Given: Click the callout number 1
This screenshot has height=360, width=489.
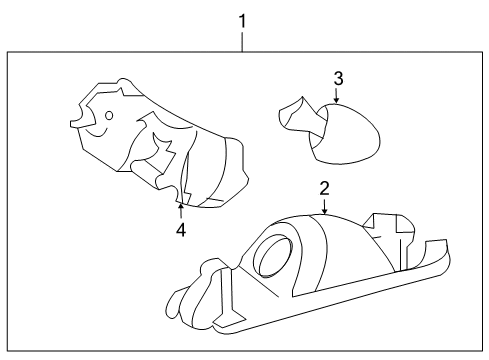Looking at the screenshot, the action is [242, 19].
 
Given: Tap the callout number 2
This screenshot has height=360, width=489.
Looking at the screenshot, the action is [325, 187].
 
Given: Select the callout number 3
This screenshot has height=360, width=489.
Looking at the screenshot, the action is [338, 77].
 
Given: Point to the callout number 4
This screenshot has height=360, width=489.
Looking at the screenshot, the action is [181, 229].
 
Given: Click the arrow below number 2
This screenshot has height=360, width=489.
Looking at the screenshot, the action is [325, 207].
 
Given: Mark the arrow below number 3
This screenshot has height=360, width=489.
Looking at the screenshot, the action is [338, 97].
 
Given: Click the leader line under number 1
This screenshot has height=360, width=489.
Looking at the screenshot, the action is [242, 40].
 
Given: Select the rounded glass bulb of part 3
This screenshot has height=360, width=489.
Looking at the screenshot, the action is [350, 135].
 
